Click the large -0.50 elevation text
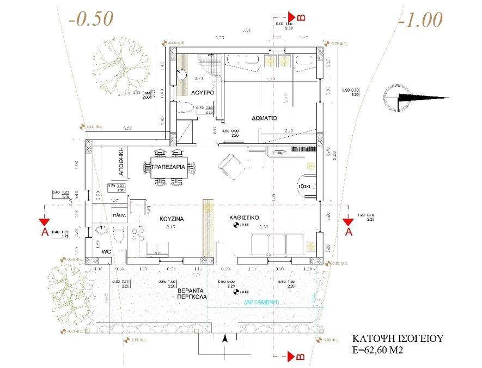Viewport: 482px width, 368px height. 90,19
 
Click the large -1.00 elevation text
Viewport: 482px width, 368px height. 420,20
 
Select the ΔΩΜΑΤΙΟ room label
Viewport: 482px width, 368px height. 265,118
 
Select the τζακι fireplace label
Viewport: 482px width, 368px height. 304,186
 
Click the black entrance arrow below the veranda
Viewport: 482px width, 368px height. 225,339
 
